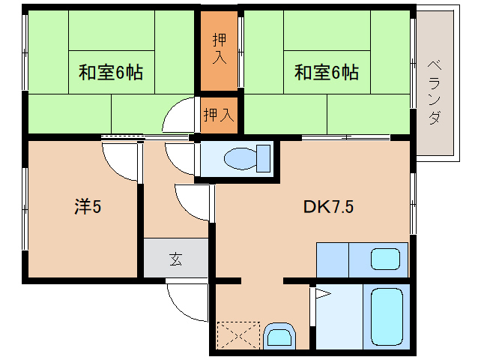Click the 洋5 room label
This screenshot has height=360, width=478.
tap(88, 206)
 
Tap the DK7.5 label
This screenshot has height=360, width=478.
tap(328, 206)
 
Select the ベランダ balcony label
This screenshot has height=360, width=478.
tap(434, 92)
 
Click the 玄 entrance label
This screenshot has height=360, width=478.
tap(176, 259)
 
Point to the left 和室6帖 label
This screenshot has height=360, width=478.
tap(111, 72)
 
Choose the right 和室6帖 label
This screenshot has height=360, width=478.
tap(326, 72)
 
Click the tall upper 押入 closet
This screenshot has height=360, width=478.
tap(219, 51)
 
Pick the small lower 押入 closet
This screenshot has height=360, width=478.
tap(219, 115)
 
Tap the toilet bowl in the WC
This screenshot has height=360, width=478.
tap(240, 158)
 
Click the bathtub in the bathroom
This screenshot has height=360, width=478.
tap(387, 316)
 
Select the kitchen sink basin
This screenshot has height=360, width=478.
tap(385, 259)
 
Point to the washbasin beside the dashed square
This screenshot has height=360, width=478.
tap(279, 336)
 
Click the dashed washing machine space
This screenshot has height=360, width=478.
tap(238, 335)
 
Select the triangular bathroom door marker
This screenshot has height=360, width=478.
tap(323, 294)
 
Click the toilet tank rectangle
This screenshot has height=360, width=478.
tap(264, 158)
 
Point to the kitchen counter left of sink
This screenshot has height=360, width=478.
tap(333, 260)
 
